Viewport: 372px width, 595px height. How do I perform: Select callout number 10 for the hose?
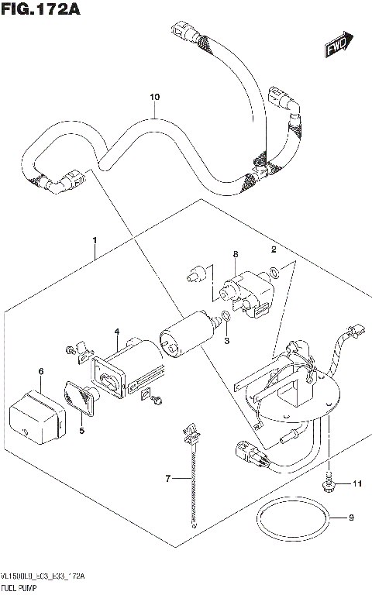pos(154,97)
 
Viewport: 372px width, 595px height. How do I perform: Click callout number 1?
pos(95,241)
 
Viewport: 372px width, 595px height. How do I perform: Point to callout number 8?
pos(236,254)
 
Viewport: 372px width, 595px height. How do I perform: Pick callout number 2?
pos(274,249)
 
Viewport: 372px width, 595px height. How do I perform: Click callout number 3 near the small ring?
pos(226,342)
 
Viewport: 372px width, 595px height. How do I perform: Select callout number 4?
pos(116,332)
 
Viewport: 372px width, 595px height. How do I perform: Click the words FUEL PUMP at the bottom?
pos(22,590)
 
